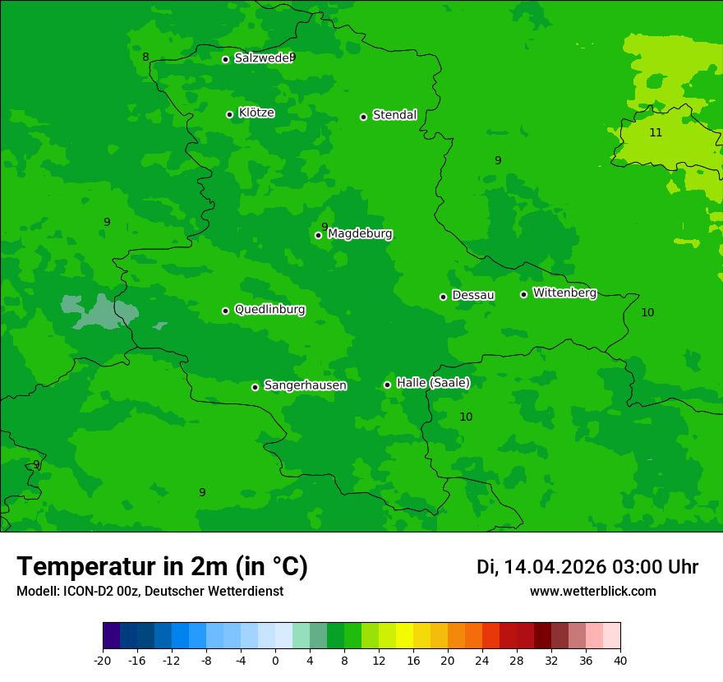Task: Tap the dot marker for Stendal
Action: [363, 117]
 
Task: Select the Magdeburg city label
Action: [360, 234]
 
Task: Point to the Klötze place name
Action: [256, 113]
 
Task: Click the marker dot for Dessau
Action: [443, 297]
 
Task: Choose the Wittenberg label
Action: [564, 293]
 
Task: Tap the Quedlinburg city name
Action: [269, 310]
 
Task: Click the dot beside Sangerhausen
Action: [255, 387]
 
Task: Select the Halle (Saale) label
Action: [433, 383]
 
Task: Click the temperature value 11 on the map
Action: [656, 132]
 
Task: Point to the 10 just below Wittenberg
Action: [647, 312]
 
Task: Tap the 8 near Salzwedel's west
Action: [145, 58]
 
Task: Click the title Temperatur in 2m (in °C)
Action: [162, 566]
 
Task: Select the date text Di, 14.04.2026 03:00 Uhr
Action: [587, 567]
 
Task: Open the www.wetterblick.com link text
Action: [592, 592]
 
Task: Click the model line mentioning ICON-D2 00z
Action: [150, 592]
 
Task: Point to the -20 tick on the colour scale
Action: [103, 660]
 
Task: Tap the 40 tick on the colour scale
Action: [619, 660]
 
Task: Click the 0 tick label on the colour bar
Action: [275, 660]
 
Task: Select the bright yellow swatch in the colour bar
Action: [404, 636]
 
